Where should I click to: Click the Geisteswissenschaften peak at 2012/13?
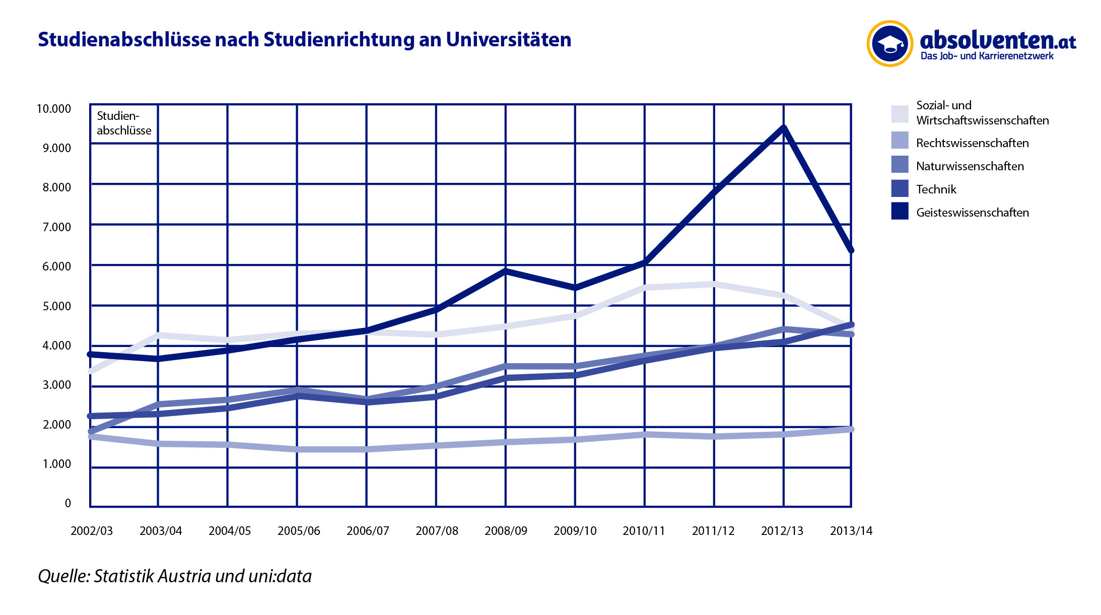coord(783,128)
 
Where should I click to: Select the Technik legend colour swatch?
coord(900,189)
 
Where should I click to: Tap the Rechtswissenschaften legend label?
coord(972,143)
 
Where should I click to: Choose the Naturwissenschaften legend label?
coord(970,166)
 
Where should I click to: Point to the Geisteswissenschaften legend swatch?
coord(900,212)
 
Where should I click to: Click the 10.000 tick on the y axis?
coord(54,109)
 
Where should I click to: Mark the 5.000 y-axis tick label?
coord(56,306)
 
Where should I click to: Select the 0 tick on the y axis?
coord(68,503)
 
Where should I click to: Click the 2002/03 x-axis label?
coord(92,531)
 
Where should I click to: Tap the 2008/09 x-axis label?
coord(506,531)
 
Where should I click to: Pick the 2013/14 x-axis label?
coord(851,531)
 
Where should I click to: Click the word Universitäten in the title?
coord(508,40)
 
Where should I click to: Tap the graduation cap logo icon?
coord(890,44)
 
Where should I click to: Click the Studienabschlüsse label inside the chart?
coord(124,123)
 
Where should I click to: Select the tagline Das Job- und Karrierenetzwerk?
coord(987,56)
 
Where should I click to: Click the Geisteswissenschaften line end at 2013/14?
coord(851,249)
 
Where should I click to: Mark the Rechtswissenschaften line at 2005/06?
coord(297,449)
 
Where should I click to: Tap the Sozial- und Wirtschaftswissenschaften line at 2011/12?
coord(714,285)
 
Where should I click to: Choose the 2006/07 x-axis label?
coord(368,531)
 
